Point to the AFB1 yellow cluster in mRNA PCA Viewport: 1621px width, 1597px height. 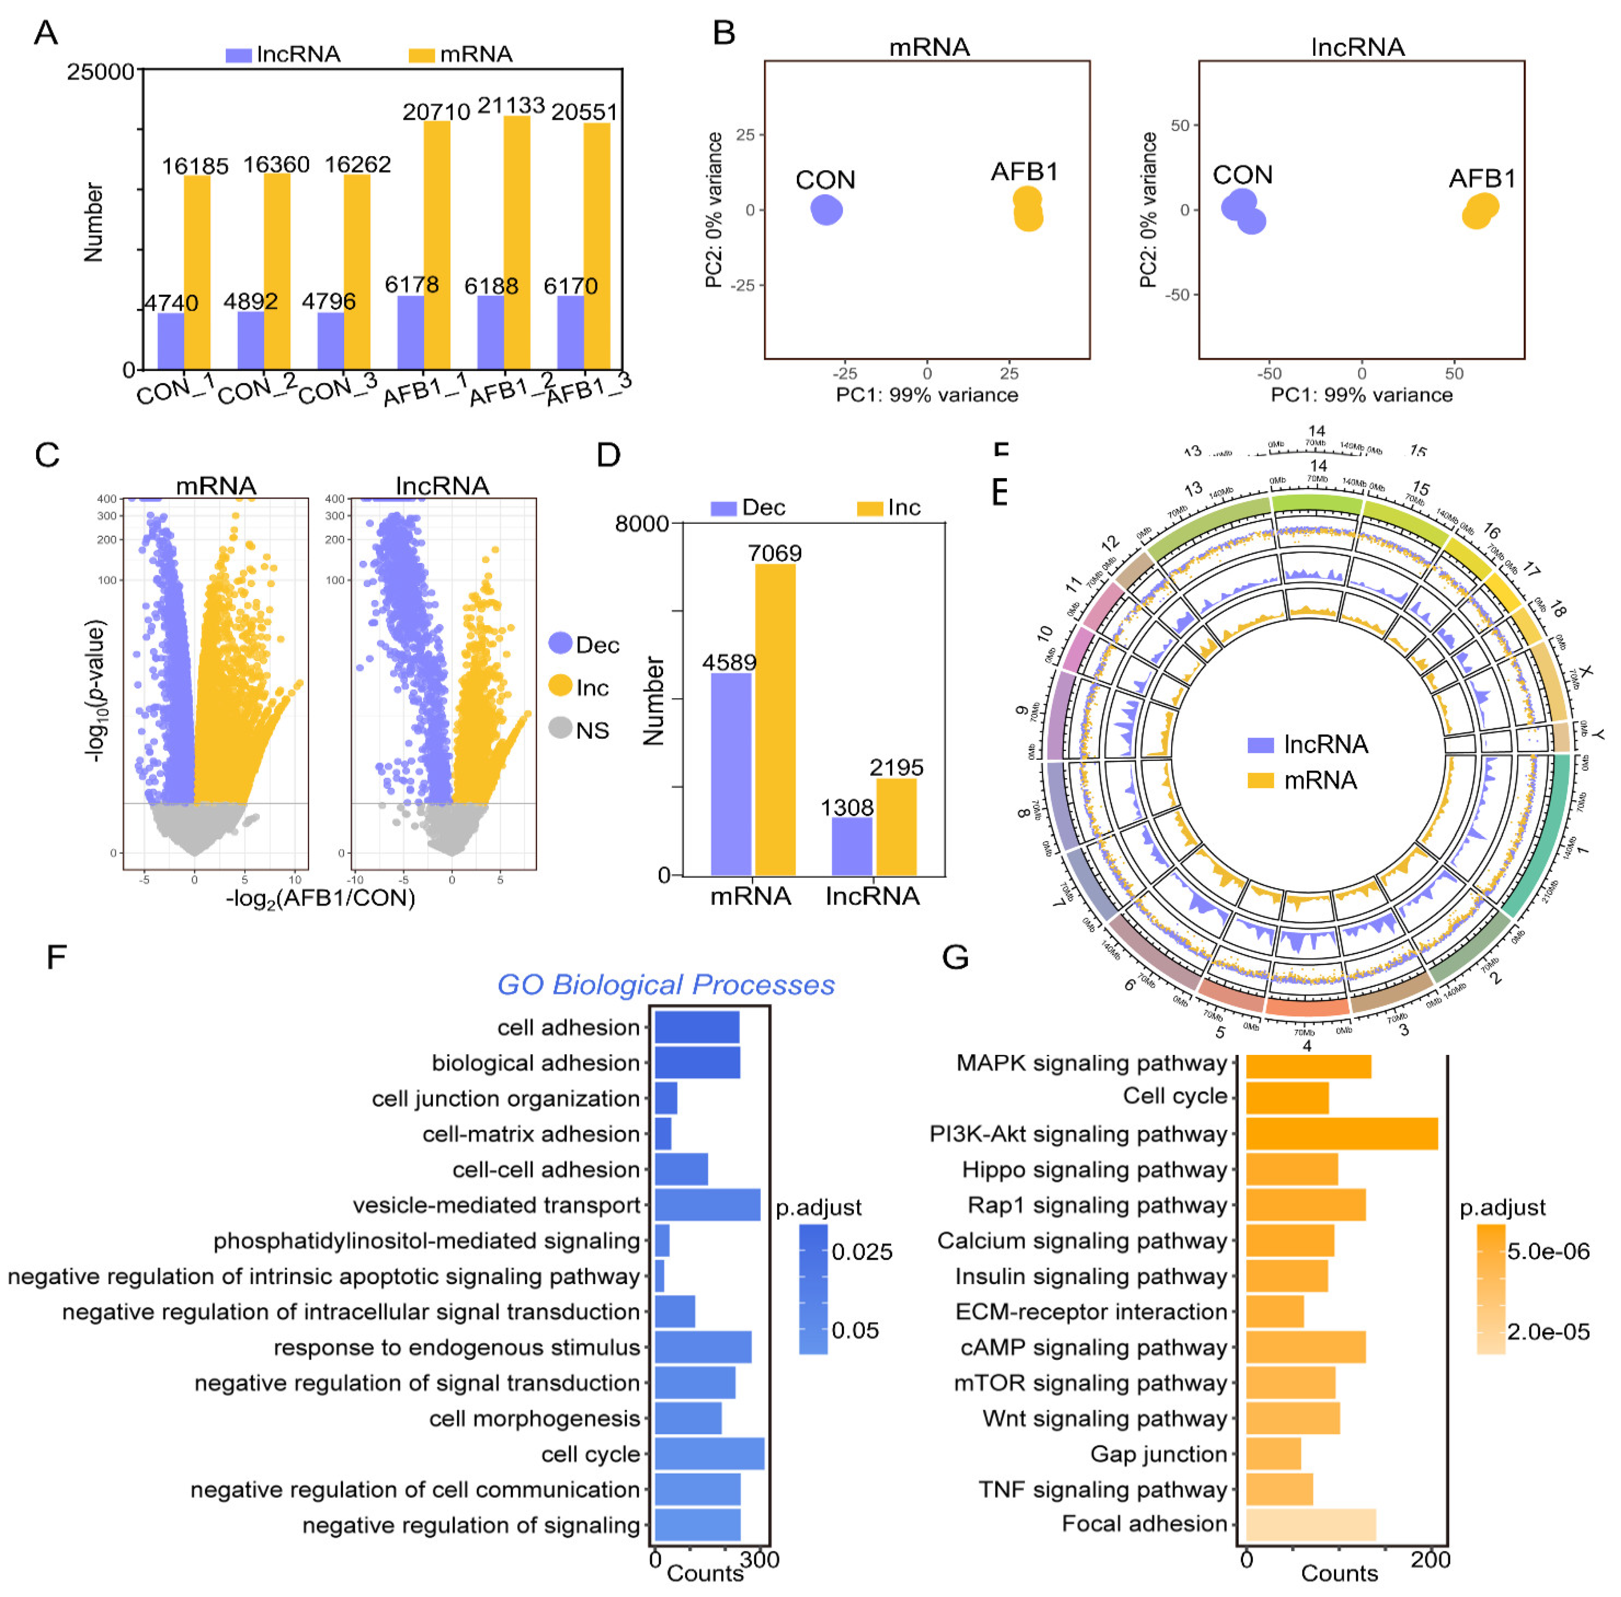[1027, 210]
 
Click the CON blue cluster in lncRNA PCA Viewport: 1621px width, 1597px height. [1242, 210]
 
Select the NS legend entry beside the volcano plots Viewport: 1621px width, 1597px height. [592, 730]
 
